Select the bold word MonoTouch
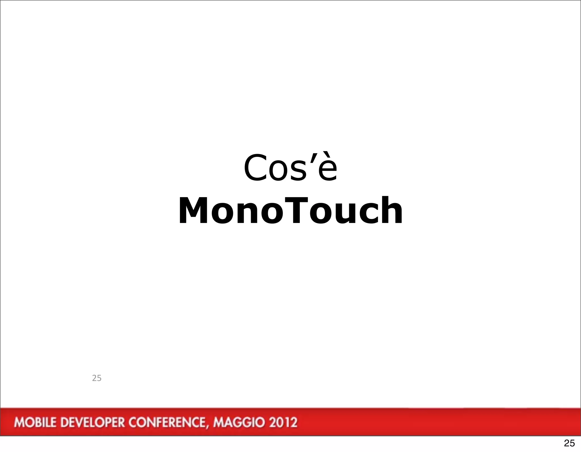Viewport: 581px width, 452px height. coord(290,211)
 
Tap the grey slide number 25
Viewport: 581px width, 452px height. coord(97,378)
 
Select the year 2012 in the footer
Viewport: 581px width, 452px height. coord(283,422)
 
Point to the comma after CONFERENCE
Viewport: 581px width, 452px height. coord(209,426)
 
